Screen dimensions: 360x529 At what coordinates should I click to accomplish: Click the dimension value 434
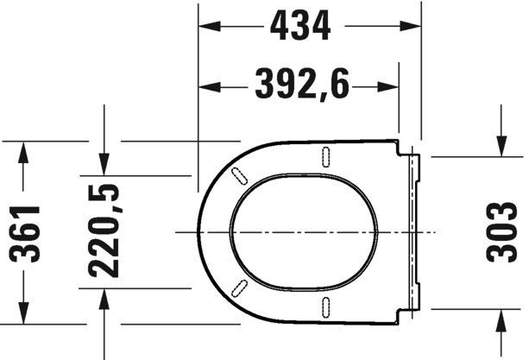pyautogui.click(x=300, y=27)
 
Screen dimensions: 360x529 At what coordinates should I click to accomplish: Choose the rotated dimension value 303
pyautogui.click(x=502, y=232)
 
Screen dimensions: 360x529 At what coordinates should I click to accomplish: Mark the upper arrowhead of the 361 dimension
pyautogui.click(x=27, y=150)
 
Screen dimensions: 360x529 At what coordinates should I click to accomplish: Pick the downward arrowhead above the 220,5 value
pyautogui.click(x=104, y=163)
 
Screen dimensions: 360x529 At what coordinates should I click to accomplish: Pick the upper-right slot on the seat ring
pyautogui.click(x=326, y=156)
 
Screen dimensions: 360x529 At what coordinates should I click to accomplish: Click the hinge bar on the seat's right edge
pyautogui.click(x=413, y=231)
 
